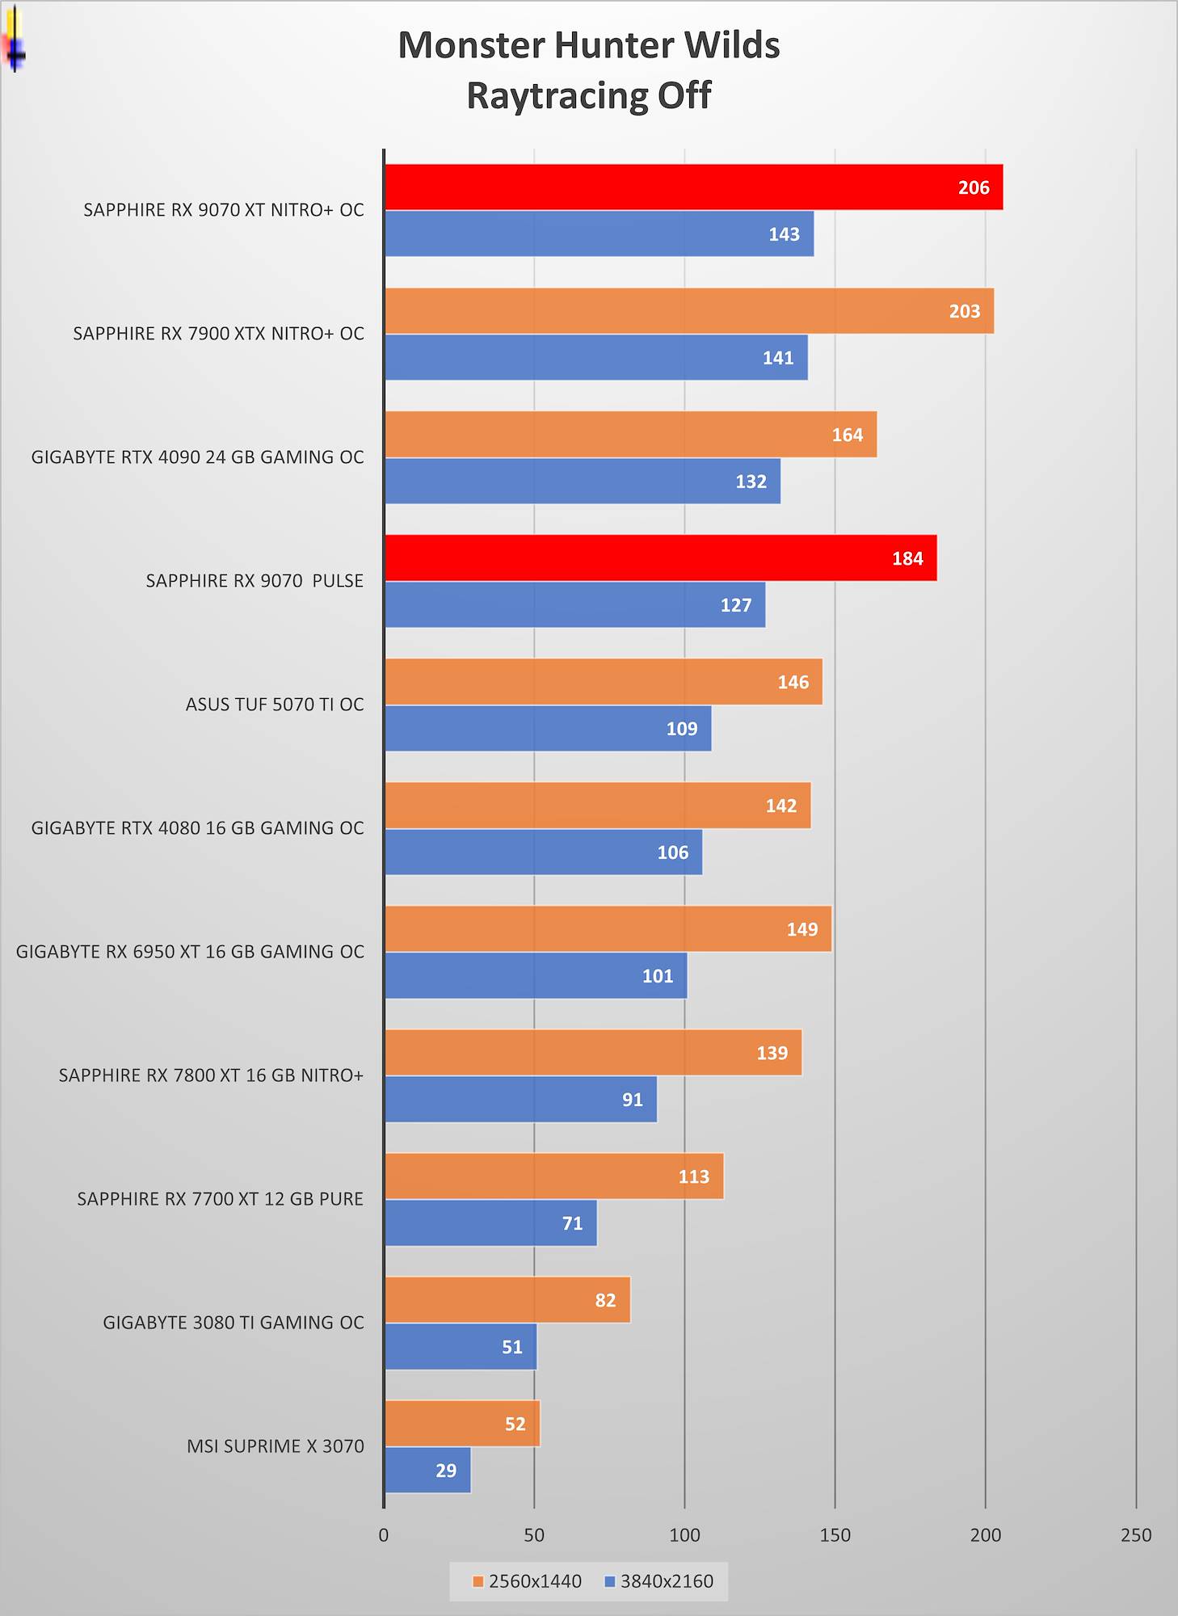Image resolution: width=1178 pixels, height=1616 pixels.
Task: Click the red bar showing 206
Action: point(693,187)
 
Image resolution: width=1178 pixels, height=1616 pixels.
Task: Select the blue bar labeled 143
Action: point(599,234)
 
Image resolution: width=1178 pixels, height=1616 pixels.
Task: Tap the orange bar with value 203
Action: point(688,311)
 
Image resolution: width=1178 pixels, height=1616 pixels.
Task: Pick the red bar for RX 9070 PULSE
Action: point(660,558)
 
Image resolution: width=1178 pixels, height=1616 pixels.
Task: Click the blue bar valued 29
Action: point(427,1471)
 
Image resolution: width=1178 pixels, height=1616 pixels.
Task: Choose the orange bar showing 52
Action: point(462,1424)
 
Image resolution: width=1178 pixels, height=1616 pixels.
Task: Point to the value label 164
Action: point(848,436)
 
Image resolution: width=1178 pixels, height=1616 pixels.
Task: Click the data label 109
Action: point(681,729)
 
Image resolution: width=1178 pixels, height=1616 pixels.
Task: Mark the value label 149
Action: point(802,930)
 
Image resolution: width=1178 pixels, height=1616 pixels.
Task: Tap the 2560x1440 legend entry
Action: point(527,1581)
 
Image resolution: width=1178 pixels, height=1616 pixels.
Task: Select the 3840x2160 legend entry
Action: point(659,1581)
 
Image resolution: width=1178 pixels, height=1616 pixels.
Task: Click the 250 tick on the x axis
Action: point(1135,1535)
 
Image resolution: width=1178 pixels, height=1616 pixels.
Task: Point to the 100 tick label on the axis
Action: point(684,1535)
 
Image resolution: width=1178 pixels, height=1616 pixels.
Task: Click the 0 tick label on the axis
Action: point(384,1535)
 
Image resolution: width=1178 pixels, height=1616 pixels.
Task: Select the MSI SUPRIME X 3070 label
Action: point(276,1446)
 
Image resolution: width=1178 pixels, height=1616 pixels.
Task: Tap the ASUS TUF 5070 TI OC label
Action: point(275,705)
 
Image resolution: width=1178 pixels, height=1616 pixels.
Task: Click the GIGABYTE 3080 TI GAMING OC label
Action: point(233,1323)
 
